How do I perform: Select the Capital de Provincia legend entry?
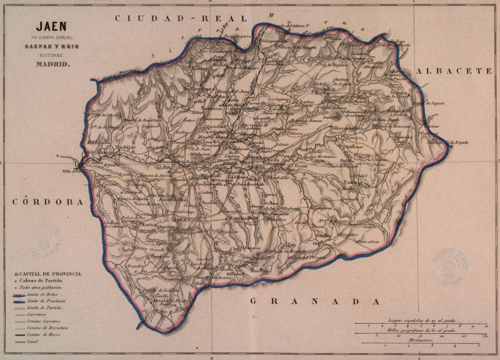[x=50, y=274]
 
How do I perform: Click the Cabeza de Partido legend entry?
[x=46, y=282]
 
